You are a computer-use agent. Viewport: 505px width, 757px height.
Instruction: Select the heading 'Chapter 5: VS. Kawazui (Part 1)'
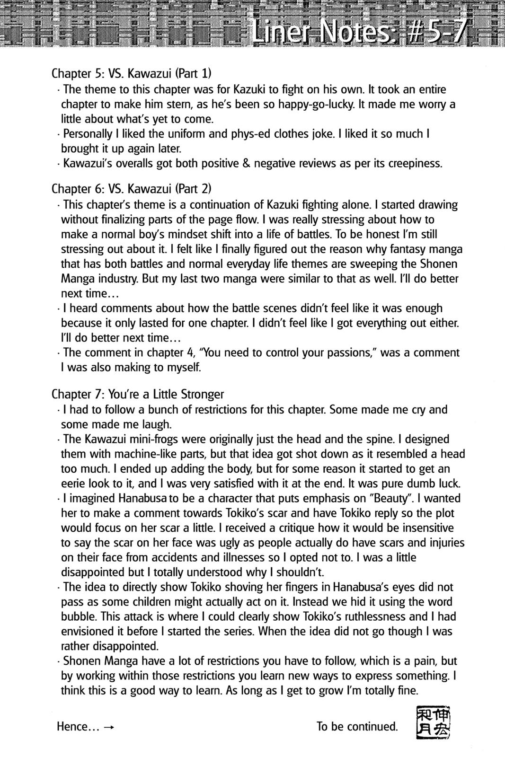(x=131, y=74)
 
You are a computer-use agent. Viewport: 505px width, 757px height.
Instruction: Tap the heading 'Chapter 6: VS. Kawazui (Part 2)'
(x=131, y=189)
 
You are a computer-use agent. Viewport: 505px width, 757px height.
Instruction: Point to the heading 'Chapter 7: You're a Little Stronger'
(x=137, y=394)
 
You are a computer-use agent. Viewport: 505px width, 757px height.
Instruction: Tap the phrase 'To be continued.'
(x=357, y=726)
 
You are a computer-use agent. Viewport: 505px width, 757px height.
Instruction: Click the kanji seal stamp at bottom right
(x=433, y=723)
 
